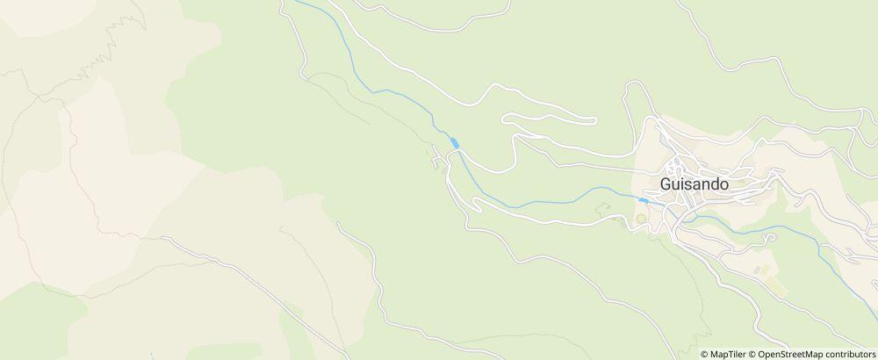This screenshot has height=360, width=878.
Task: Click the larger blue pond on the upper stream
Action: coord(455,142)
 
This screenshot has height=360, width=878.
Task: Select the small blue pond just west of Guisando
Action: coord(644,201)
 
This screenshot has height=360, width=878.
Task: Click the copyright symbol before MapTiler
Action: coord(705,354)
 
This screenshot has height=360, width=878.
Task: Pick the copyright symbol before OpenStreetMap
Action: coord(753,354)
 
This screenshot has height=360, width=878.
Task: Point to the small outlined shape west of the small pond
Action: coord(603,208)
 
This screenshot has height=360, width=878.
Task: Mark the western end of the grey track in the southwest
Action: coord(162,238)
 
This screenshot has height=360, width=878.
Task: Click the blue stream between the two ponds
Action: coord(544,200)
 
